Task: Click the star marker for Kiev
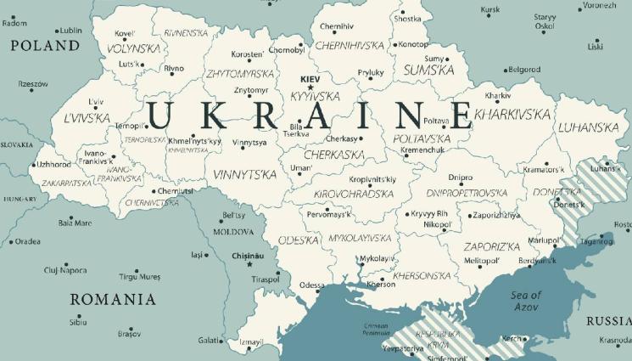[310, 87]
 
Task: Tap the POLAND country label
[43, 46]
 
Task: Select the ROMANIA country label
[113, 299]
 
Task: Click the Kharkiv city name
[498, 95]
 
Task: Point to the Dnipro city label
[461, 178]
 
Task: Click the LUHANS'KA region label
[593, 127]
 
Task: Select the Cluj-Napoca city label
[65, 270]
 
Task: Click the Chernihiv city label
[336, 25]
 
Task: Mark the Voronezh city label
[600, 6]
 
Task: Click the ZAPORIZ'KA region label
[491, 246]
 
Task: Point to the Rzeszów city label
[33, 84]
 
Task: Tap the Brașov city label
[129, 334]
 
